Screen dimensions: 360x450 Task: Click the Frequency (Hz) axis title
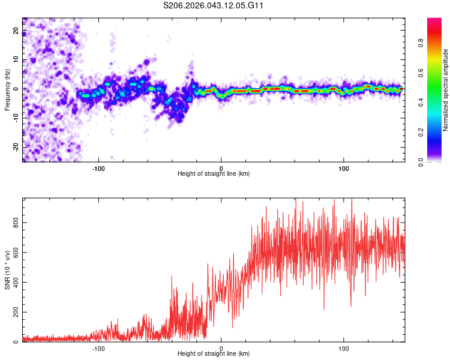coord(8,89)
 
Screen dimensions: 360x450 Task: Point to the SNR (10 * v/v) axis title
coord(8,270)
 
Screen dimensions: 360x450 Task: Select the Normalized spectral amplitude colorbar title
coord(446,90)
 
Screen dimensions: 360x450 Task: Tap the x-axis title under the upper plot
coord(214,173)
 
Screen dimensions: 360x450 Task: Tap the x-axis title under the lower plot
coord(214,353)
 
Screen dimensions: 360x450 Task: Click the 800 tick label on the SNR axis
coord(14,223)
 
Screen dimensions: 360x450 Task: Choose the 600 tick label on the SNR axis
coord(14,253)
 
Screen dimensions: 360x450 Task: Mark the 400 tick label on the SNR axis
coord(14,282)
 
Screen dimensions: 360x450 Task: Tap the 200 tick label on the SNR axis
coord(14,312)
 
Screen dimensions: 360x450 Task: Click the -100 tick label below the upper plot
coord(98,167)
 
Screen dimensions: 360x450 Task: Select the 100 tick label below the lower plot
coord(344,347)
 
